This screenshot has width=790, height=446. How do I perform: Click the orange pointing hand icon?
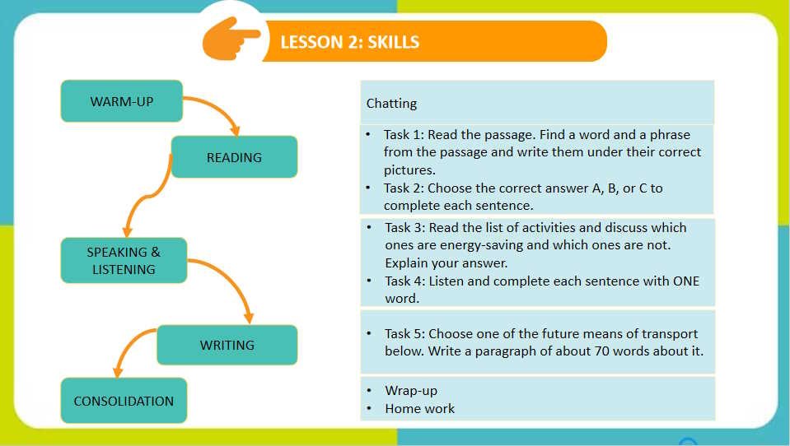pos(231,39)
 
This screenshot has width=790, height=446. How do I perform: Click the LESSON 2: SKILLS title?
pos(350,42)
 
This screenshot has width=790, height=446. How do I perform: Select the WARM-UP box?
pos(122,101)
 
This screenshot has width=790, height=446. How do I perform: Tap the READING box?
pos(234,157)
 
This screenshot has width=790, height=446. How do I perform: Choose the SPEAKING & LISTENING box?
pos(124,261)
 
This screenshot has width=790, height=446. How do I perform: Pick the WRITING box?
pos(227,345)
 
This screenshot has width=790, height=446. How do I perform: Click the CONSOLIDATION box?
pos(124,401)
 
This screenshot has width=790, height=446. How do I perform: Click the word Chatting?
pos(391,104)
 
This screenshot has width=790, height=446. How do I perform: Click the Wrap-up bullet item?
pos(410,390)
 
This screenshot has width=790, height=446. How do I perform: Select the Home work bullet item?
pos(419,408)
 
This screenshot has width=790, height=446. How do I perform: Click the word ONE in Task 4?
pos(683,281)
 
